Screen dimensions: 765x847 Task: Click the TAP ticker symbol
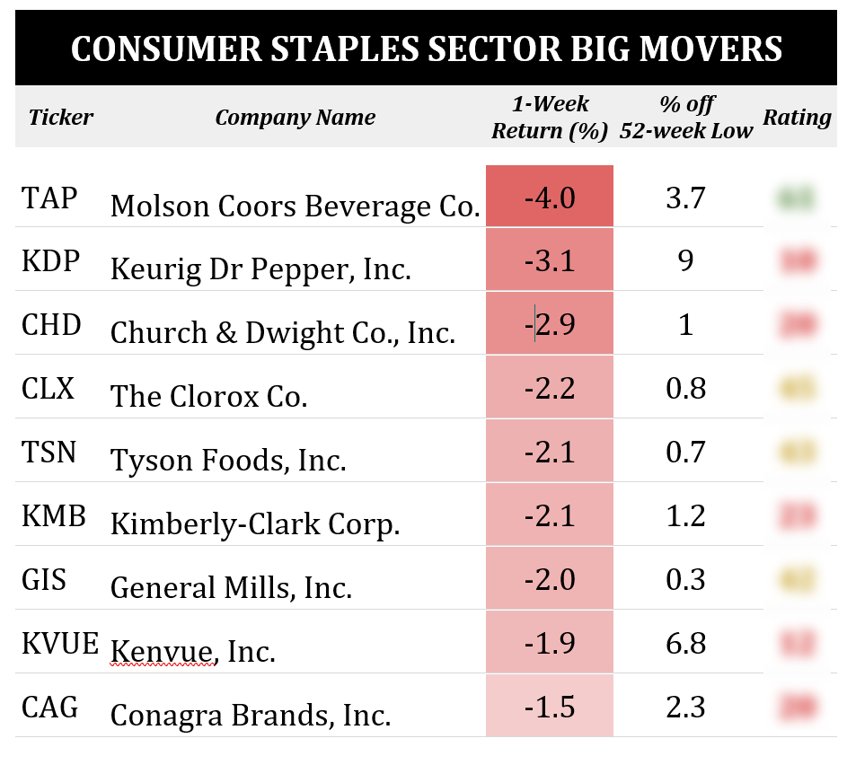(x=49, y=197)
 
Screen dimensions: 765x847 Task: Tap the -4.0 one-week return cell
(x=549, y=197)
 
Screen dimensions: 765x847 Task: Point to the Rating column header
(x=797, y=117)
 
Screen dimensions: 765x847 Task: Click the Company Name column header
(x=295, y=117)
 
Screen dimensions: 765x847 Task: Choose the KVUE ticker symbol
(x=59, y=643)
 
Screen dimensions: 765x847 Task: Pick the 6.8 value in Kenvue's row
(x=685, y=643)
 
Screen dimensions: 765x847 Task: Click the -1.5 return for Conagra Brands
(x=549, y=707)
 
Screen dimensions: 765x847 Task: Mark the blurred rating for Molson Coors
(x=797, y=198)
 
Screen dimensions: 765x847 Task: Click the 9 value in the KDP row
(x=685, y=260)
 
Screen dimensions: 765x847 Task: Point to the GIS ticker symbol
(x=44, y=579)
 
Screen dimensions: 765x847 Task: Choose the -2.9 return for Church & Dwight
(x=549, y=324)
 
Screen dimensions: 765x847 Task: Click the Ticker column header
(x=61, y=117)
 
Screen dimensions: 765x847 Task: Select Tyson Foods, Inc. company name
(x=228, y=461)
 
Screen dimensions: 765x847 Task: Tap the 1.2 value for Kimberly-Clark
(x=685, y=515)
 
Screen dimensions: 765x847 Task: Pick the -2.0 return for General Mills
(x=549, y=579)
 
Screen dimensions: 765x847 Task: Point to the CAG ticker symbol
(x=47, y=707)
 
